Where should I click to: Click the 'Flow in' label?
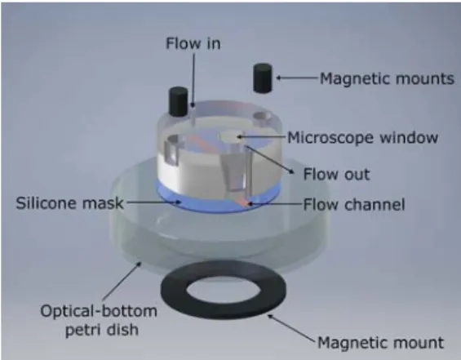(193, 43)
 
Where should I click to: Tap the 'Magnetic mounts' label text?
(387, 79)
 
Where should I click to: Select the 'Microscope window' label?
(363, 138)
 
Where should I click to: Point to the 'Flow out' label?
(336, 174)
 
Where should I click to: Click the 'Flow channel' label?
(354, 204)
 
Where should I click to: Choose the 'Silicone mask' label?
(69, 203)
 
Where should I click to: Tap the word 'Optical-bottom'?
(99, 311)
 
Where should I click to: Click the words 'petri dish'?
(102, 330)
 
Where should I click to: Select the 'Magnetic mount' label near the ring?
(381, 343)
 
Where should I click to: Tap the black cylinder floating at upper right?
(263, 78)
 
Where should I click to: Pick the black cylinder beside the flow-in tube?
(178, 101)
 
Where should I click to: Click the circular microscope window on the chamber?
(231, 136)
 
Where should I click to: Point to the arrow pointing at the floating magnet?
(298, 78)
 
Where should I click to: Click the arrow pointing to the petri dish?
(122, 282)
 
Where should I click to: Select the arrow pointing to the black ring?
(292, 328)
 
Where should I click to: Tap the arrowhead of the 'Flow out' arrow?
(291, 171)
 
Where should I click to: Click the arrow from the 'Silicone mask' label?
(153, 202)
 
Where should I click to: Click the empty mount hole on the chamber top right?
(262, 118)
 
